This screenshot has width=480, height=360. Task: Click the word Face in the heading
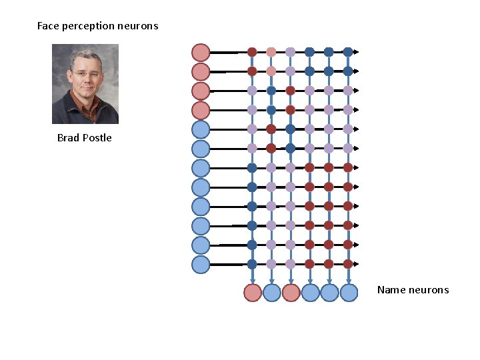coord(47,26)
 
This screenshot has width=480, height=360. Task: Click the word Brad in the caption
coord(67,138)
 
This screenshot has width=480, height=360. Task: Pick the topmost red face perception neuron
coord(201,52)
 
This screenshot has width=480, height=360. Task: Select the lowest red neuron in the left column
coord(201,109)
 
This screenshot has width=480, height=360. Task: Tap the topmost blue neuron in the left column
coord(201,129)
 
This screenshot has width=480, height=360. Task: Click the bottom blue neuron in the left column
coord(201,264)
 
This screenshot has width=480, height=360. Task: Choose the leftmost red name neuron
coord(252,292)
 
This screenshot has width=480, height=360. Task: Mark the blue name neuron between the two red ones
coord(271,292)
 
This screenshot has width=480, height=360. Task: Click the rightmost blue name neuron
coord(349,292)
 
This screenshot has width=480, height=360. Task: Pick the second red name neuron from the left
coord(291,292)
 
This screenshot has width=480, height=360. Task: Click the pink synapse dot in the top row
coord(271,51)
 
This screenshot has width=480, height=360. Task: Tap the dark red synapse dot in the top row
coord(252,51)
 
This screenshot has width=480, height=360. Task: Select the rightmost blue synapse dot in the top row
coord(348,51)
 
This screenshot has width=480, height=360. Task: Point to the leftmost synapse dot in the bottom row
coord(252,264)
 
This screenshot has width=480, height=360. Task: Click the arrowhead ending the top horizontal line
coord(357,51)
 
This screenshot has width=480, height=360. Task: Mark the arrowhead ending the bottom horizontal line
coord(357,264)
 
